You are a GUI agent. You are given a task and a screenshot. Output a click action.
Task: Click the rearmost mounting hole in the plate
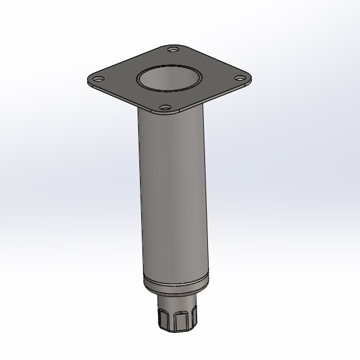tap(174, 49)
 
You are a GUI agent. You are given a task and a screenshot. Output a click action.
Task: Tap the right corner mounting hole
tap(239, 78)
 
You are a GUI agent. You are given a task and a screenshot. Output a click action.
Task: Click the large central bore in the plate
tap(169, 79)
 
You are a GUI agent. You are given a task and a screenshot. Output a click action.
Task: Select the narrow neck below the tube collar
tap(177, 301)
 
